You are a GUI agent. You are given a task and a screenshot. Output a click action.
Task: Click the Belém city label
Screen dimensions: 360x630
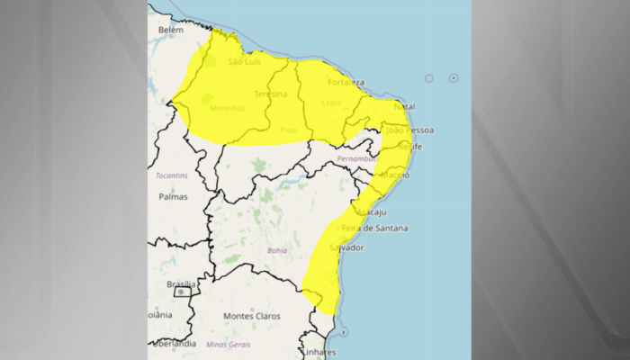click(x=170, y=30)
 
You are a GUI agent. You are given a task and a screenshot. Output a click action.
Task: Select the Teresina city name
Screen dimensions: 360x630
click(x=271, y=94)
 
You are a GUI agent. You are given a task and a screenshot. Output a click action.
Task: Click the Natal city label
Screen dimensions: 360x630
click(x=404, y=106)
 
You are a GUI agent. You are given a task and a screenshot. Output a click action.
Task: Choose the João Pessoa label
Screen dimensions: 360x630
click(x=410, y=130)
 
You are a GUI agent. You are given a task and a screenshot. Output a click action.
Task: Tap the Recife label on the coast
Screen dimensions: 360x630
click(x=409, y=146)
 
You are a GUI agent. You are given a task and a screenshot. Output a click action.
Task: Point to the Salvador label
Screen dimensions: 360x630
click(x=346, y=247)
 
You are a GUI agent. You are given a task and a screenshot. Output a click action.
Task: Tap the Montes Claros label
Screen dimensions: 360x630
click(x=252, y=316)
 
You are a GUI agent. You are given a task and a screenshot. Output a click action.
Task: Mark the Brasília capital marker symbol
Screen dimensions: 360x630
click(x=181, y=292)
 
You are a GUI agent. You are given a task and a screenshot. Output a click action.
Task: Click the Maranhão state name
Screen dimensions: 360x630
click(x=227, y=108)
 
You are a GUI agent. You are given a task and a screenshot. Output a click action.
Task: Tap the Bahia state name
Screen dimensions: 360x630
click(x=277, y=250)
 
